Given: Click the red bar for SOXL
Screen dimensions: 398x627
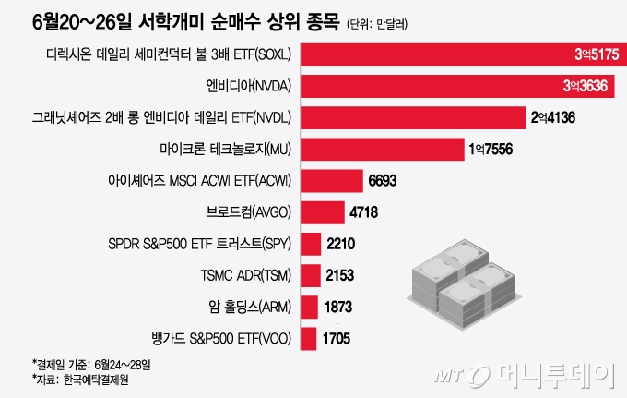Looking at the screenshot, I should (461, 56).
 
